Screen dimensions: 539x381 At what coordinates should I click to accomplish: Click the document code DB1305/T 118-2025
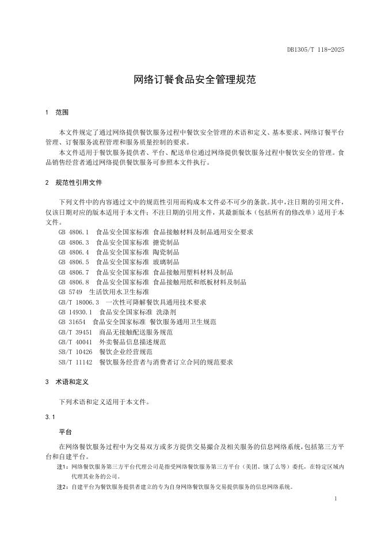pos(315,50)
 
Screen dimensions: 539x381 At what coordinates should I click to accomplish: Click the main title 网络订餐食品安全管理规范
pos(190,80)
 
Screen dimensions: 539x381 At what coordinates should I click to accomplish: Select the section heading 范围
pos(62,112)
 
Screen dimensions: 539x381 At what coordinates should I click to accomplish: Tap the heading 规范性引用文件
pos(79,183)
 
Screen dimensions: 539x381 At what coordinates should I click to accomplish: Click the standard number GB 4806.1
pos(74,232)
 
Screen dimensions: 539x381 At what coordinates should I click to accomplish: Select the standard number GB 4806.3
pos(74,242)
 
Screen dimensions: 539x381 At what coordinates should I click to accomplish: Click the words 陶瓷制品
pos(166,252)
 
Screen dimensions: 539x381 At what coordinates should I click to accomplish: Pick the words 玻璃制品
pos(166,262)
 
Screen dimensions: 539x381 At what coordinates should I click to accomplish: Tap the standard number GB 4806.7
pos(74,272)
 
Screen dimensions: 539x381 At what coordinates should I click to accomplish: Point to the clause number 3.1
pos(49,416)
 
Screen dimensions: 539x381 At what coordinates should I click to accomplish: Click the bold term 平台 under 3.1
pos(66,431)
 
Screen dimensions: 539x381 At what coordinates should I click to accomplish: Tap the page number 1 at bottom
pos(335,499)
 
